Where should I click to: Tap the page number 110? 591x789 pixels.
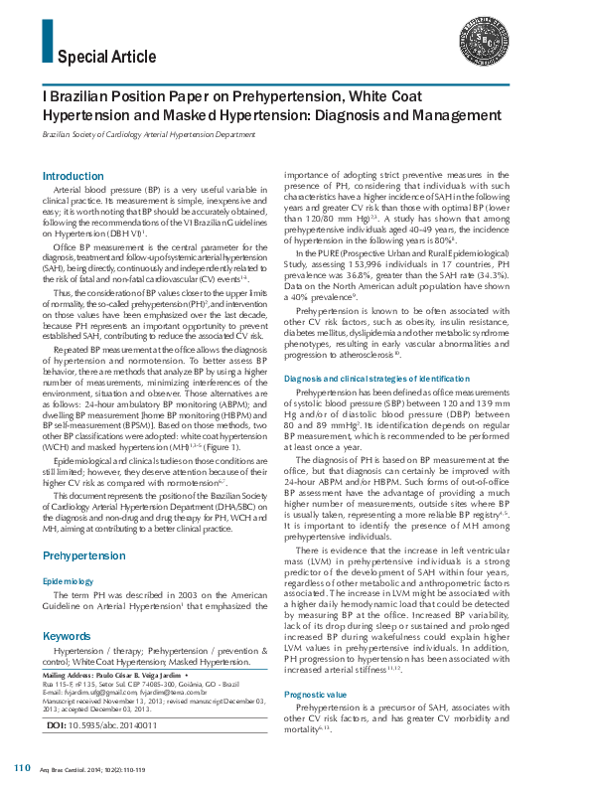(x=23, y=769)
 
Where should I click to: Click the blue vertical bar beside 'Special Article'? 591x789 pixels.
(x=46, y=43)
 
